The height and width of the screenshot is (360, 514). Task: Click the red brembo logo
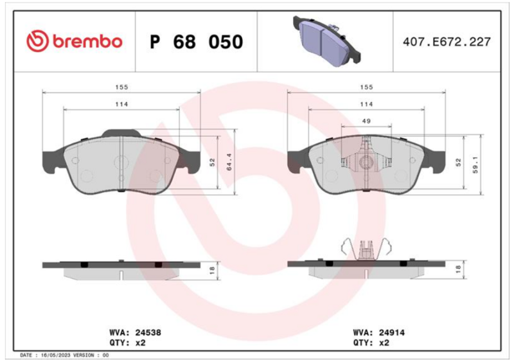75,42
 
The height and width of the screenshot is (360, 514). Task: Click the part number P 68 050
197,42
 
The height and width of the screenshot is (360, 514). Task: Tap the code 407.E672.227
447,42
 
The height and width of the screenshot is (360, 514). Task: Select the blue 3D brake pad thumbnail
326,41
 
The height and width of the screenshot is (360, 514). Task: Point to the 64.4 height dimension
229,162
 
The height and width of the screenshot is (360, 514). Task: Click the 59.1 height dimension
475,165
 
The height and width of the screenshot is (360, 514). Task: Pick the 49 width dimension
366,122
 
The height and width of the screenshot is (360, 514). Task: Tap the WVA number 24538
148,332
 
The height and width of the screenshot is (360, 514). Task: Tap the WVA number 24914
392,332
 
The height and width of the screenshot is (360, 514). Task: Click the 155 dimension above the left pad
121,87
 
